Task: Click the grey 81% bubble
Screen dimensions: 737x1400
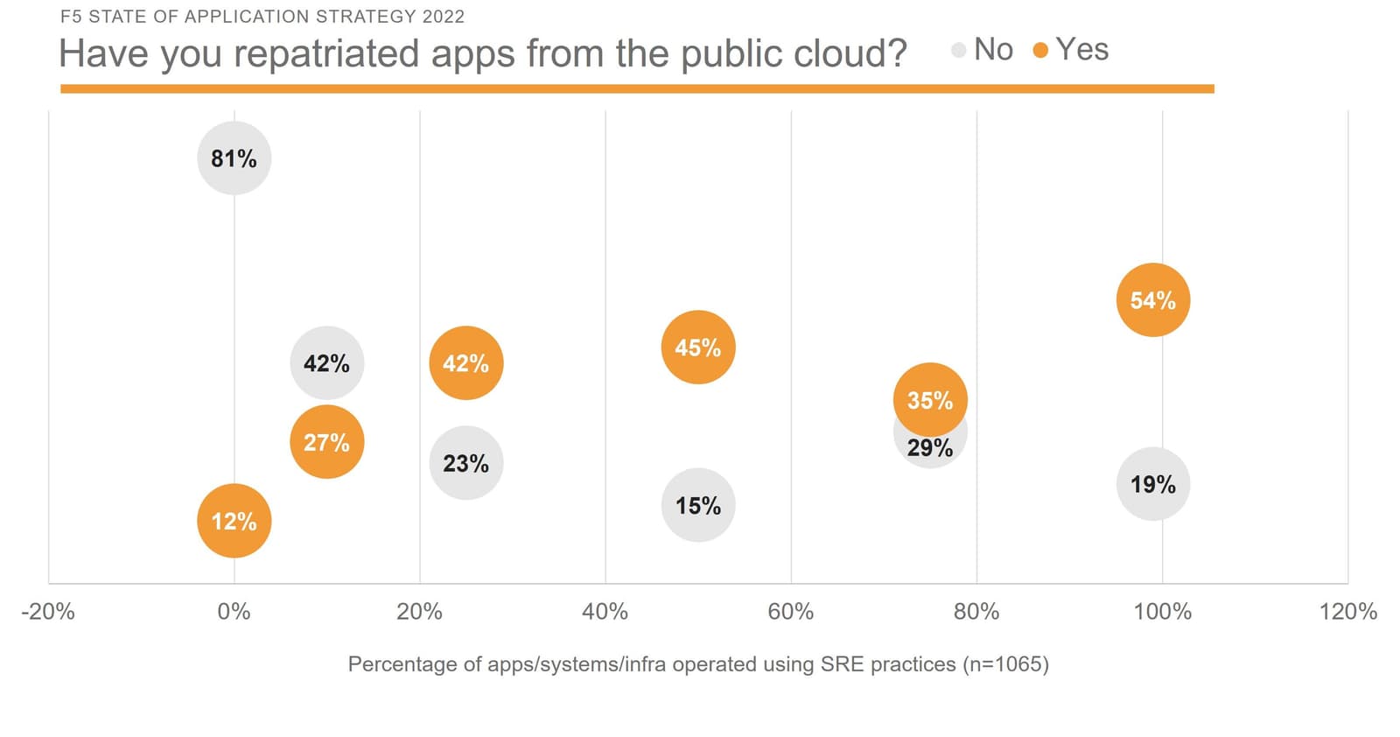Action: click(234, 158)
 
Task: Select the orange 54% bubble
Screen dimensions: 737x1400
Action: click(1152, 300)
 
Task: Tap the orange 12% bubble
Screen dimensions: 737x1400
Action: click(234, 521)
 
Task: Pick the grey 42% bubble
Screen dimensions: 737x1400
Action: click(326, 363)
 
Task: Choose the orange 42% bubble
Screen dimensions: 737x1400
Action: click(465, 363)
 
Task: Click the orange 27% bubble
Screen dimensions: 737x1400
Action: click(326, 442)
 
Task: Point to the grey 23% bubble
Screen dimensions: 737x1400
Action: click(465, 463)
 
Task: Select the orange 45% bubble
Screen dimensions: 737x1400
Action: click(697, 347)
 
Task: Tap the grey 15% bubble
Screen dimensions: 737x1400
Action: click(697, 505)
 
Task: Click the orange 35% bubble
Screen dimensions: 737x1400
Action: click(929, 399)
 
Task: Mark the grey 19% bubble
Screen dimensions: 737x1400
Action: click(1152, 484)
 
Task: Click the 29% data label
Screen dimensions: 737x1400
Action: click(929, 449)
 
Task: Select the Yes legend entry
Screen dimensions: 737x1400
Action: click(1071, 50)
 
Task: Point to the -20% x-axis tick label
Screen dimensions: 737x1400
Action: click(48, 612)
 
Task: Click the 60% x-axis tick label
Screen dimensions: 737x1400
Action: click(790, 612)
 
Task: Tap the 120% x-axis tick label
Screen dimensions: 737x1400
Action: click(1347, 612)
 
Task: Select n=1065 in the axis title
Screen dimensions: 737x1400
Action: click(1004, 664)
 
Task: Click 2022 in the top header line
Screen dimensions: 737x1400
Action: click(443, 17)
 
